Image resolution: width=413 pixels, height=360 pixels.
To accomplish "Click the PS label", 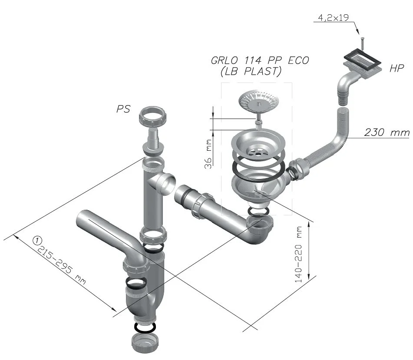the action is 123,109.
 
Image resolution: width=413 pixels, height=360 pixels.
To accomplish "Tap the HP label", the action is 396,68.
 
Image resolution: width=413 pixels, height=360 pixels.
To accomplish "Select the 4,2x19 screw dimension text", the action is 333,18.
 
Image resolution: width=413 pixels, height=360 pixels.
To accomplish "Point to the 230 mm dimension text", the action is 387,132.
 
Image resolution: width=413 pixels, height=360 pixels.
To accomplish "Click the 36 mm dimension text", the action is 208,154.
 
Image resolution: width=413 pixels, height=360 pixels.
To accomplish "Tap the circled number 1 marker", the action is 37,240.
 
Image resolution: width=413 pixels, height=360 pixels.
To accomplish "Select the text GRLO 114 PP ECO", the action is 260,60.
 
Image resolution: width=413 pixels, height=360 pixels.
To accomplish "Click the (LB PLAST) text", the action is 251,71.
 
